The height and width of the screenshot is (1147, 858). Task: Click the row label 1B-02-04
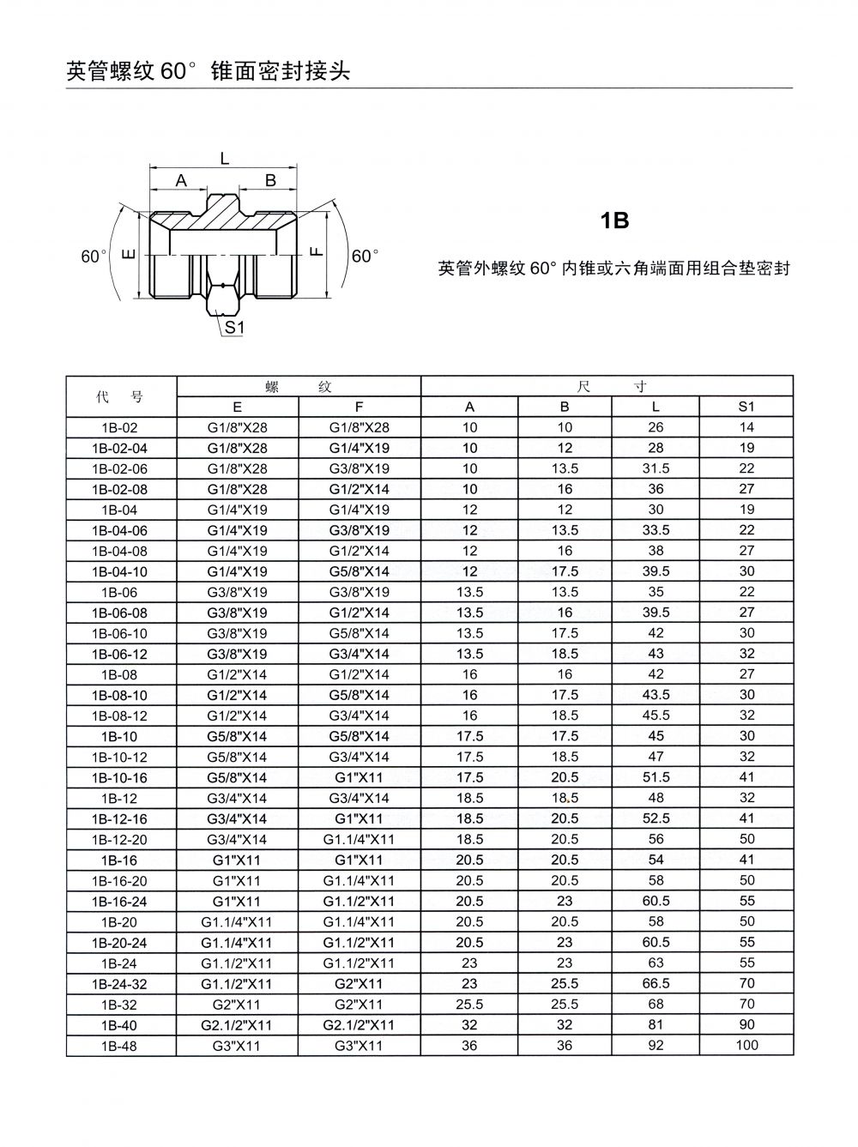[x=120, y=448]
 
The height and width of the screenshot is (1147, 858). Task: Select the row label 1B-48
[x=120, y=1046]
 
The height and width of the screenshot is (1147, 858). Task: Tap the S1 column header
[x=746, y=407]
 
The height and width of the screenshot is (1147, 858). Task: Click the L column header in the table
[x=656, y=407]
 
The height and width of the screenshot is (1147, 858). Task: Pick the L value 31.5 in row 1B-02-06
[x=656, y=468]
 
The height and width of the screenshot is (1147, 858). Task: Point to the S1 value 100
[x=746, y=1046]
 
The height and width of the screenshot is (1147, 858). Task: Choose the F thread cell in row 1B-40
[x=359, y=1025]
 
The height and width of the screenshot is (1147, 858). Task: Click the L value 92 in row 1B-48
[x=656, y=1046]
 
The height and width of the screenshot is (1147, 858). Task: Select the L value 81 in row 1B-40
[x=656, y=1025]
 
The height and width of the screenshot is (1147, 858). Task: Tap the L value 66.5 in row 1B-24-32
[x=656, y=984]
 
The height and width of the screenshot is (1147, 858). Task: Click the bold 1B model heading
[x=614, y=221]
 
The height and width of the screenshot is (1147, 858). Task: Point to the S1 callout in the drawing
[x=234, y=327]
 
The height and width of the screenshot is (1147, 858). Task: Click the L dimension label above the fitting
[x=225, y=158]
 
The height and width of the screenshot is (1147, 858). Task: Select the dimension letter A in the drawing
[x=181, y=180]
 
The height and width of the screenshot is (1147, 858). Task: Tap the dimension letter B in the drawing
[x=270, y=180]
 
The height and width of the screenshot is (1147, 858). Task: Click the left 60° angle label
[x=94, y=257]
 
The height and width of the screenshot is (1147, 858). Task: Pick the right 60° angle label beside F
[x=365, y=257]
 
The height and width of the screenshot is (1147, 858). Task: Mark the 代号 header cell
[x=120, y=396]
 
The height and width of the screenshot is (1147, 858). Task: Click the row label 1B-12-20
[x=120, y=840]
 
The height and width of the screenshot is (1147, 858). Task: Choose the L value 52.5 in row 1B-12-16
[x=656, y=819]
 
